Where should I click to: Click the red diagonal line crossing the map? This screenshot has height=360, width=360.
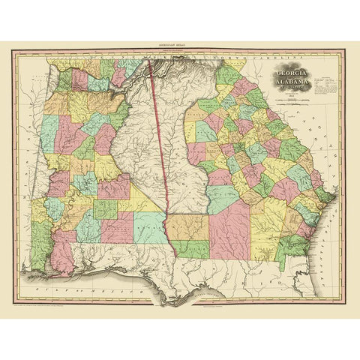point(161,150)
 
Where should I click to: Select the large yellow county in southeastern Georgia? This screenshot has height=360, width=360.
point(266,225)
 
